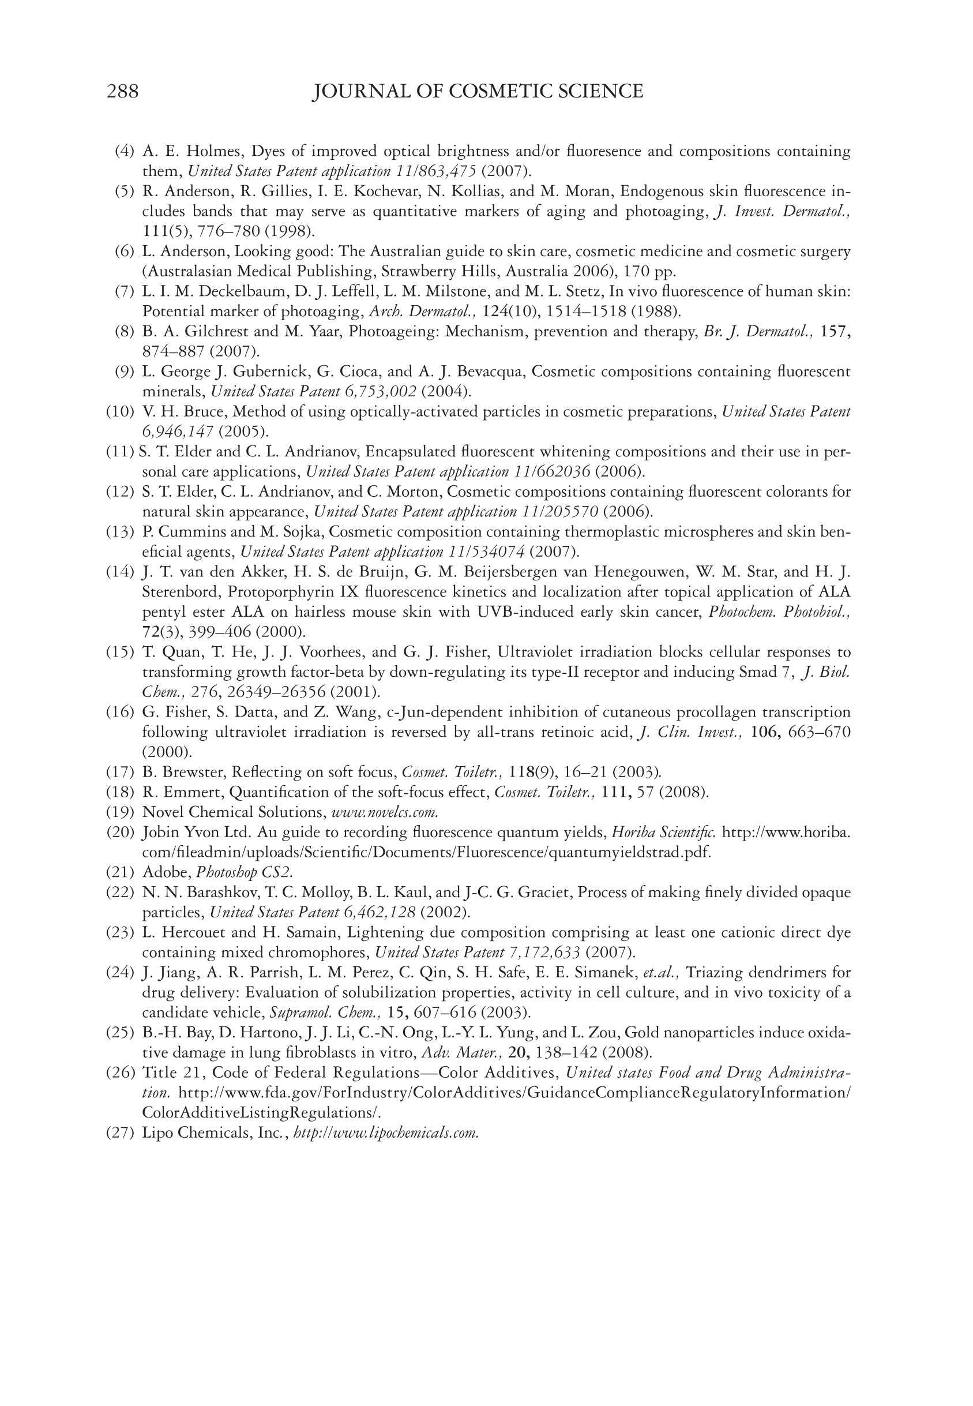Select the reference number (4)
[125, 151]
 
